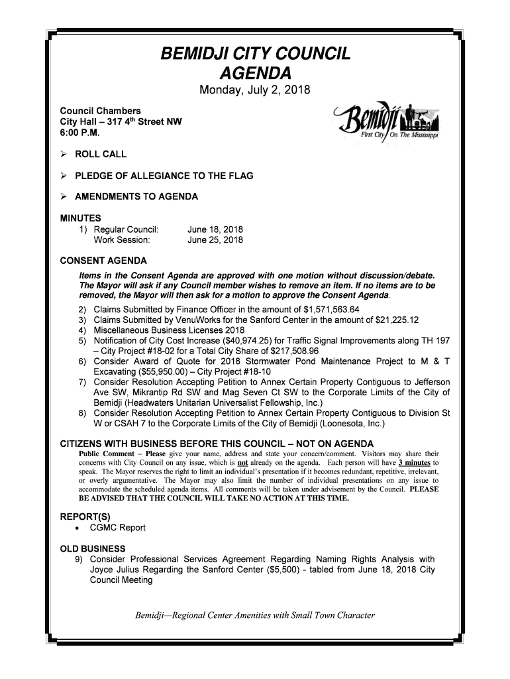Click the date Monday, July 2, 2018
click(x=255, y=90)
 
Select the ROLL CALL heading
click(x=101, y=154)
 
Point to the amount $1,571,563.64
click(x=331, y=310)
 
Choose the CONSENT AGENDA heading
click(x=103, y=261)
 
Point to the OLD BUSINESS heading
click(x=93, y=549)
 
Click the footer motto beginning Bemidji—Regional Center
click(x=255, y=615)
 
